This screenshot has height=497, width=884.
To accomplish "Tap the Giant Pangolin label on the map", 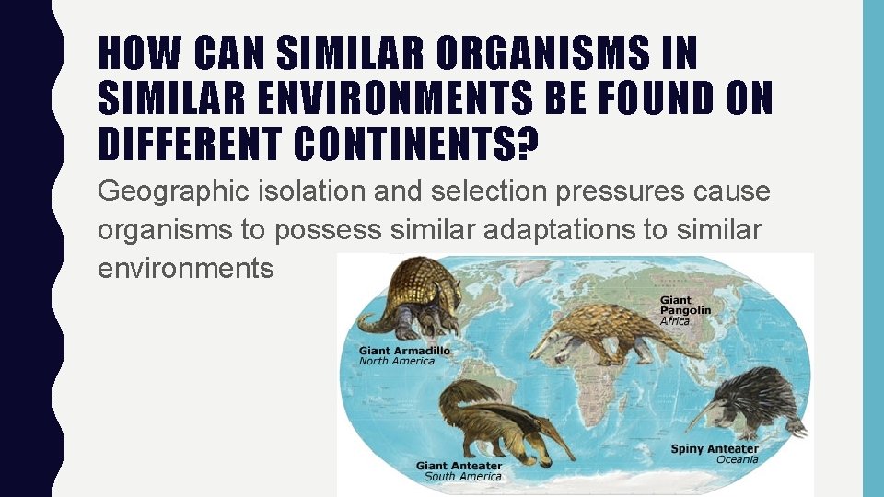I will pos(685,306).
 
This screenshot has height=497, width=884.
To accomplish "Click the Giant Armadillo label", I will pos(405,351).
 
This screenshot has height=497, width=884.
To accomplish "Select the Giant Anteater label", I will pos(459,466).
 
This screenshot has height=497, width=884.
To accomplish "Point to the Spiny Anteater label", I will pos(715,449).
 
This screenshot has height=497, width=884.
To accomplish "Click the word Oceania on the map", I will pos(737,459).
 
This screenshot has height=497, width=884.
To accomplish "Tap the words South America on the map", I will pos(462,477).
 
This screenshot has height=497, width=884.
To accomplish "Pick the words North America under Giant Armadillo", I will pos(397,361).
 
